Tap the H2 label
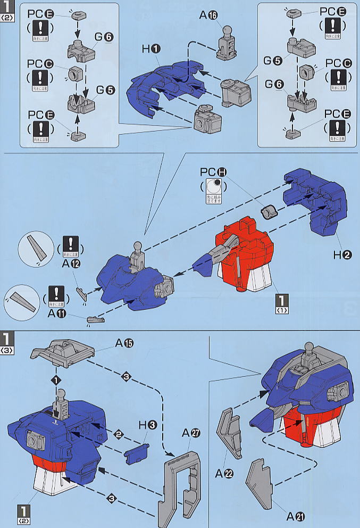(x=342, y=254)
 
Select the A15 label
(x=124, y=343)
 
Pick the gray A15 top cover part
(x=64, y=349)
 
